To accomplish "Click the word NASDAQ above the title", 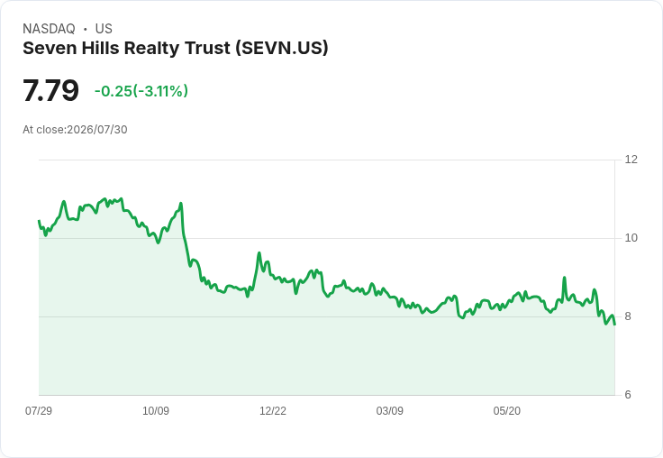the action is [x=49, y=29].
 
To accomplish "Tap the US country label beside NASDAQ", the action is [x=104, y=29].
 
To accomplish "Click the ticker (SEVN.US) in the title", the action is [x=282, y=48].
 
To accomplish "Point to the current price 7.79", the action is [x=50, y=90].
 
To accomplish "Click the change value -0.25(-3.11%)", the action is [x=141, y=91].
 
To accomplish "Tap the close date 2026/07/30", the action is [x=96, y=130].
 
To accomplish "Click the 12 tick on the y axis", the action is [x=631, y=160].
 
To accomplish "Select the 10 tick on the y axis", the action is [x=631, y=238].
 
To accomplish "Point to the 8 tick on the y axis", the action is [x=628, y=316].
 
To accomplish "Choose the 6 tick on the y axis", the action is [x=628, y=395].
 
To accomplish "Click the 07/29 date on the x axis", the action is [x=39, y=410].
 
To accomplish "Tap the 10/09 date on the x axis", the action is [x=156, y=410].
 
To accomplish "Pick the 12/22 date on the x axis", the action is [x=273, y=410].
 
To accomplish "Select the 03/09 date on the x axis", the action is [x=389, y=410].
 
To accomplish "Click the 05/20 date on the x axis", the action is [x=506, y=410].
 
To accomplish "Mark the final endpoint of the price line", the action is [x=614, y=325].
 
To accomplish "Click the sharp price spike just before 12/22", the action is [x=259, y=253].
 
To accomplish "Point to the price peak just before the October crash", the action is [x=181, y=203].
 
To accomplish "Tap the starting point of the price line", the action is [x=39, y=221].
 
